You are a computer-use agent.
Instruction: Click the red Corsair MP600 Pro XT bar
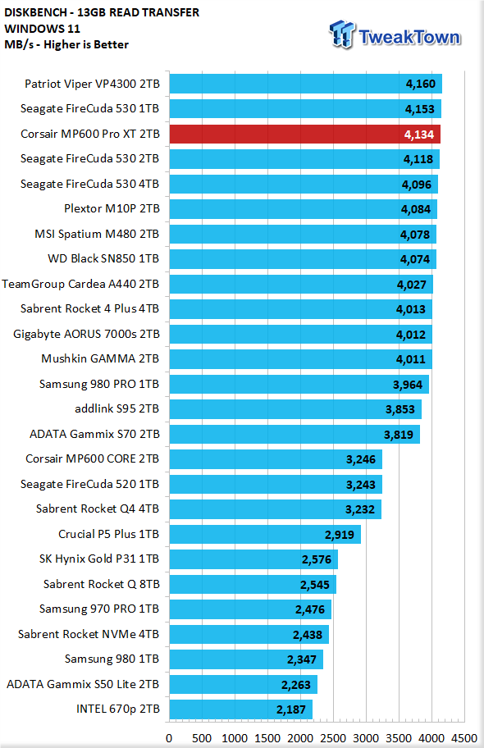305,134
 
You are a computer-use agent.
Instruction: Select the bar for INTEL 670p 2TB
241,709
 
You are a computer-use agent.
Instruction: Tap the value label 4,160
421,84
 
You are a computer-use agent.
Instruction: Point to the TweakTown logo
395,34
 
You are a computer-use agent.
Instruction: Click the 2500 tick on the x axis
333,738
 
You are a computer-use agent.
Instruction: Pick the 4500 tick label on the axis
464,738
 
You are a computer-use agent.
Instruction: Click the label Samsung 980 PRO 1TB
99,384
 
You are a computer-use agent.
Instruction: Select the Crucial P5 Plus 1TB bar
266,534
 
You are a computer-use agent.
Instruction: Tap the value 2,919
340,535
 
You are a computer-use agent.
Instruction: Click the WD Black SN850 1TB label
103,258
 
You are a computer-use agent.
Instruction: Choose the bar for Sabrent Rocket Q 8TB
253,584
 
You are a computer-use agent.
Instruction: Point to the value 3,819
399,435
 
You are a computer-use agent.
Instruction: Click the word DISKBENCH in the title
34,13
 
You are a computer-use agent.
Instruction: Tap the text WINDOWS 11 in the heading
42,29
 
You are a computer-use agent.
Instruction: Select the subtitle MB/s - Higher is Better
66,45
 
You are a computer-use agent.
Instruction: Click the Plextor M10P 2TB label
112,208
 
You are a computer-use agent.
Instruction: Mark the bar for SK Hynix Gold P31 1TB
254,559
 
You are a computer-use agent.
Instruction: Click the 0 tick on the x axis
169,738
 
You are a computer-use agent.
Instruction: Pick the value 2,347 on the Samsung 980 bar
302,659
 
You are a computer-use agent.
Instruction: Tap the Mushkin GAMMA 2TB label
100,358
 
